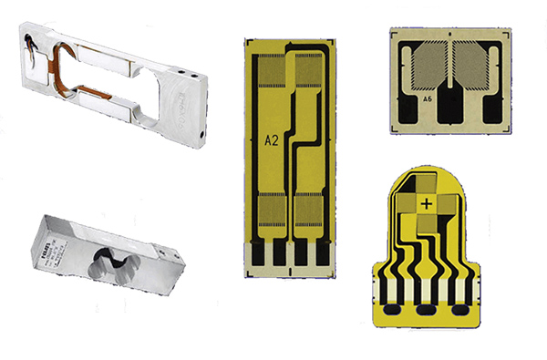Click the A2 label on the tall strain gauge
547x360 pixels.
[x=271, y=141]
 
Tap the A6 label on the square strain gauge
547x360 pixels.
[x=428, y=98]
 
